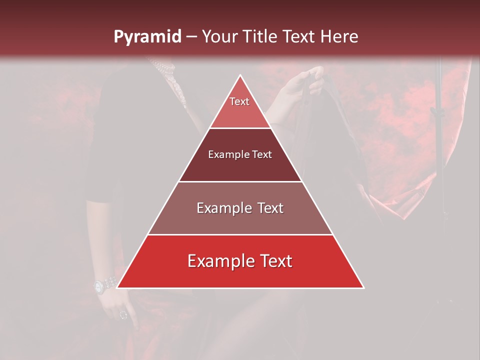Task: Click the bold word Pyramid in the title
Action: [147, 36]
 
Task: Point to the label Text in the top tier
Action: [239, 101]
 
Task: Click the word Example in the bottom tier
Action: [218, 261]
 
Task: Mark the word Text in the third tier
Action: [267, 208]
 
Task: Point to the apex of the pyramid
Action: [240, 76]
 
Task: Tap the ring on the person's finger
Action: [123, 315]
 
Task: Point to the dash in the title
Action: [191, 36]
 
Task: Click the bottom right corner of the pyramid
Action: [363, 287]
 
